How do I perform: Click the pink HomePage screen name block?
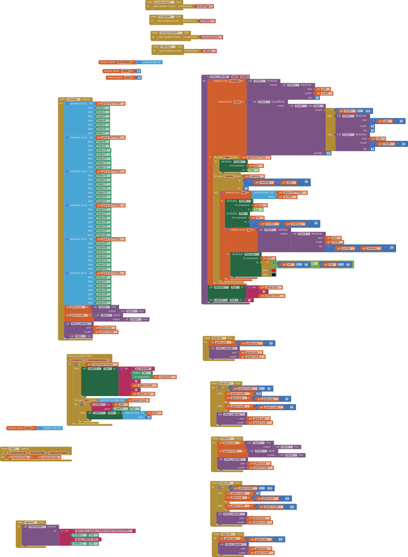tap(205, 6)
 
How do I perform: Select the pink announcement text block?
tap(212, 37)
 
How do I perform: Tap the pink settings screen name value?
tap(209, 51)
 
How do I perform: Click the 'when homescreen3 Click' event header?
tap(164, 2)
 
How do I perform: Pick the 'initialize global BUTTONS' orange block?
tap(116, 62)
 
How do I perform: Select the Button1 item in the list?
tap(102, 108)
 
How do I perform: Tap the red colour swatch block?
tap(274, 270)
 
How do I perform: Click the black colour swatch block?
tap(274, 274)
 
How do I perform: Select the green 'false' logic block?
tap(253, 170)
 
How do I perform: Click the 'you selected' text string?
tap(144, 368)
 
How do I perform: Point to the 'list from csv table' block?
tap(113, 400)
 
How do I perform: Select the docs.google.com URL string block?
tap(103, 530)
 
